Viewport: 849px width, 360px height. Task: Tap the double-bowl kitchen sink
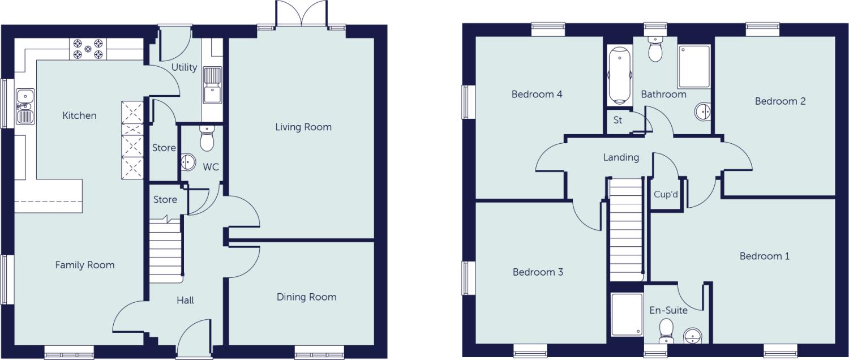25,106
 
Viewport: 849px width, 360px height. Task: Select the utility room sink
212,85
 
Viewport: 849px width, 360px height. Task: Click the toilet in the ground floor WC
207,138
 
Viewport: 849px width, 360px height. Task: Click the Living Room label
303,127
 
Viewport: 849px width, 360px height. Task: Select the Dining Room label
306,297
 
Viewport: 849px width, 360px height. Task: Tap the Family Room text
85,264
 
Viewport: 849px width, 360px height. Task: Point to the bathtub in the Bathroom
619,76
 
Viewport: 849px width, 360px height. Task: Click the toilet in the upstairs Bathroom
655,50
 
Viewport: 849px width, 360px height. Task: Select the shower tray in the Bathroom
694,67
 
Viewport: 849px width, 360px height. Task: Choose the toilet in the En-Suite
667,330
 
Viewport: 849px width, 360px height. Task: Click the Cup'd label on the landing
666,194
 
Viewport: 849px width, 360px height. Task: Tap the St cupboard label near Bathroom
618,120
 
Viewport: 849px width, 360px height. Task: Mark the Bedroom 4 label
537,94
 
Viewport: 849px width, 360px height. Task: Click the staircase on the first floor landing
626,229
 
